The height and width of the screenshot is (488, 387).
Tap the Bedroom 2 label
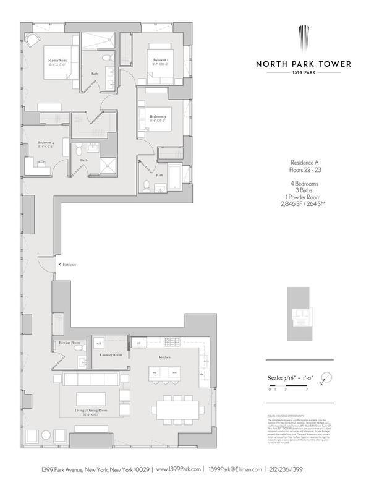(161, 59)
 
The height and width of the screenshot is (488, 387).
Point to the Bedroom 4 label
(46, 142)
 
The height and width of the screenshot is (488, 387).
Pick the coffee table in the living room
(91, 398)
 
